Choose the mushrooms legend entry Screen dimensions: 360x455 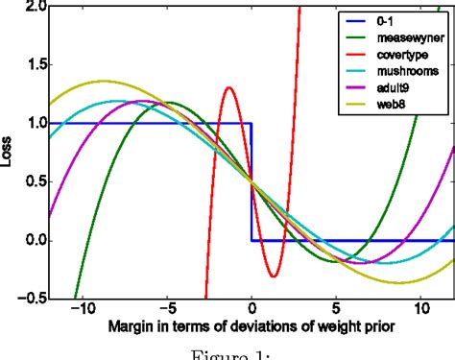pos(399,70)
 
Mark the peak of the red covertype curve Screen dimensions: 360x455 pos(228,87)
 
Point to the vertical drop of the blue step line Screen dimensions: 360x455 pos(251,181)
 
